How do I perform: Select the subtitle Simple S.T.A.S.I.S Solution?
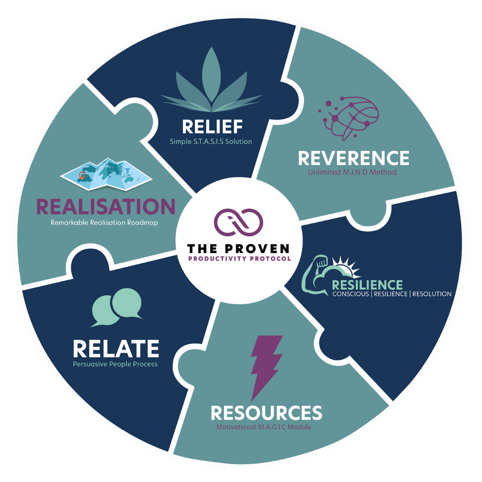point(211,141)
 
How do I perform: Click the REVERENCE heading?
point(353,158)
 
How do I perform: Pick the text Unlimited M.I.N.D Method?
point(353,172)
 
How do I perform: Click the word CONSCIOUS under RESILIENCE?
point(352,294)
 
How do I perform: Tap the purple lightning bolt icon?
point(266,367)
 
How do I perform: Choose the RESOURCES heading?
point(266,413)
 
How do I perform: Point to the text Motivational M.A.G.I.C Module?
point(264,427)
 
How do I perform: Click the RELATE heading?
point(116,349)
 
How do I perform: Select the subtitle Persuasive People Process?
point(115,364)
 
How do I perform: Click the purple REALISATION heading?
point(106,207)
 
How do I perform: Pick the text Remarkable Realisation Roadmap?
point(104,223)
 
